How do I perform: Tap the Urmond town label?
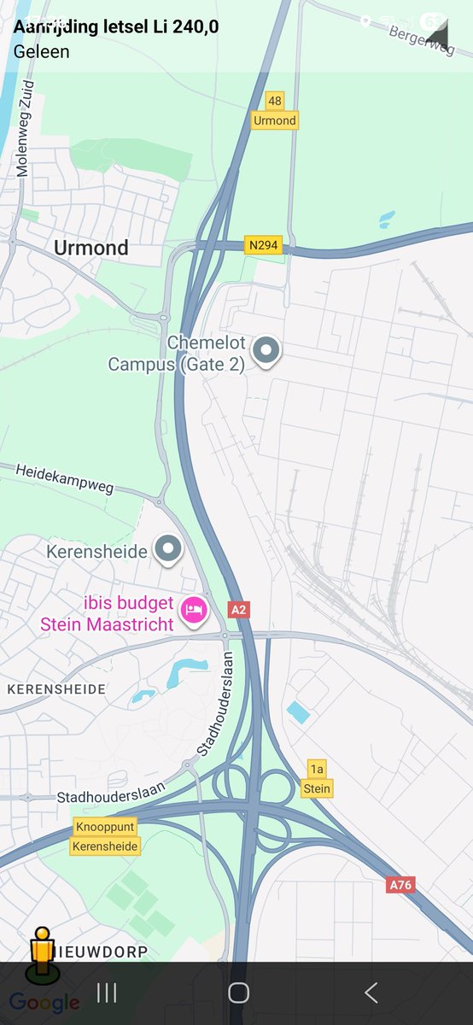pyautogui.click(x=91, y=248)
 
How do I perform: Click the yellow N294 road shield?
pyautogui.click(x=264, y=245)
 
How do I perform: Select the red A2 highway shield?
pyautogui.click(x=239, y=609)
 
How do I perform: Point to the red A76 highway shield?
pyautogui.click(x=400, y=885)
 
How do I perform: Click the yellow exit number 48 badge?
pyautogui.click(x=274, y=101)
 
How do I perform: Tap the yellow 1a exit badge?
pyautogui.click(x=317, y=770)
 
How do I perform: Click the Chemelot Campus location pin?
pyautogui.click(x=268, y=351)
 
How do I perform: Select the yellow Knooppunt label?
pyautogui.click(x=105, y=828)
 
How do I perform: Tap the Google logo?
pyautogui.click(x=44, y=1002)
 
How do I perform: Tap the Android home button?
pyautogui.click(x=238, y=993)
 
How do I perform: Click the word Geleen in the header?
pyautogui.click(x=42, y=51)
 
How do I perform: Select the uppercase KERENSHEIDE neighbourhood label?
pyautogui.click(x=56, y=688)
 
